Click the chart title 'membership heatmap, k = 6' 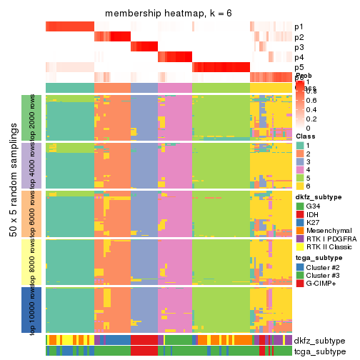tap(169, 14)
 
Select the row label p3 tap(299, 47)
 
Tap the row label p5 tap(299, 67)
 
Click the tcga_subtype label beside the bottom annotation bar tap(319, 351)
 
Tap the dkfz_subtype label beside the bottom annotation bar tap(319, 340)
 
